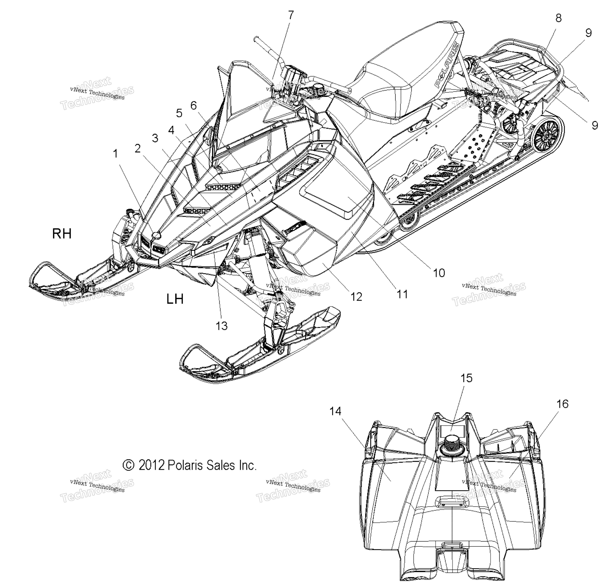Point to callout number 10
pyautogui.click(x=439, y=273)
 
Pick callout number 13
pyautogui.click(x=222, y=326)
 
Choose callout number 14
pyautogui.click(x=335, y=411)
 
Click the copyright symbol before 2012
pyautogui.click(x=129, y=465)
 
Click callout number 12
pyautogui.click(x=356, y=297)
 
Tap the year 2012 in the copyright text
pyautogui.click(x=151, y=465)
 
